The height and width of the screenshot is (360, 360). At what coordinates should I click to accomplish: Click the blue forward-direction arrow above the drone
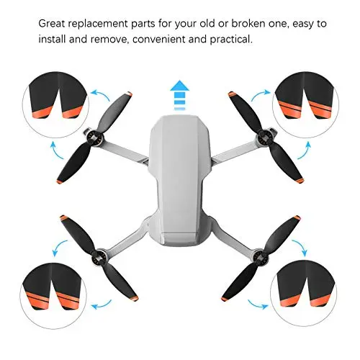point(179,95)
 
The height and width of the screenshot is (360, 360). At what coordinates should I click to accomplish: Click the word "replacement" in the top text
point(99,24)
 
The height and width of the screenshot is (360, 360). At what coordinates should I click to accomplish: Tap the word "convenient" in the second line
point(158,39)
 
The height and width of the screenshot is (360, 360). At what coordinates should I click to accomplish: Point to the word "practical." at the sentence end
point(231,40)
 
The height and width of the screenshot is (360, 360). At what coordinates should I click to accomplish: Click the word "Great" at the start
point(52,24)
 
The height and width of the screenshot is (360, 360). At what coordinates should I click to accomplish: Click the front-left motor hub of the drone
point(95,139)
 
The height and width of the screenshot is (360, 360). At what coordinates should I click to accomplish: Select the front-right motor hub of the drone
point(265,138)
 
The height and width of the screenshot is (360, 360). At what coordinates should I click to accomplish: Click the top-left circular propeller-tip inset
point(56,104)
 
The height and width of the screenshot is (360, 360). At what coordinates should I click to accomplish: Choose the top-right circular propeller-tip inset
point(305,104)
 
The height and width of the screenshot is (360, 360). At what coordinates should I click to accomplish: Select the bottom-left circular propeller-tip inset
point(53,296)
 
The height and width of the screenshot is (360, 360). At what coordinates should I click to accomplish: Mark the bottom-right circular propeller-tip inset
point(304,293)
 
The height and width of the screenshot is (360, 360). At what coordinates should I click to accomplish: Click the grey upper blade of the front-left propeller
point(114,112)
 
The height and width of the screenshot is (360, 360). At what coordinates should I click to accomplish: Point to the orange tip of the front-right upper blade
point(231,94)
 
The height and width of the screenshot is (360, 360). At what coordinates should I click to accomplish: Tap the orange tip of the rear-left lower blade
point(135,299)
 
